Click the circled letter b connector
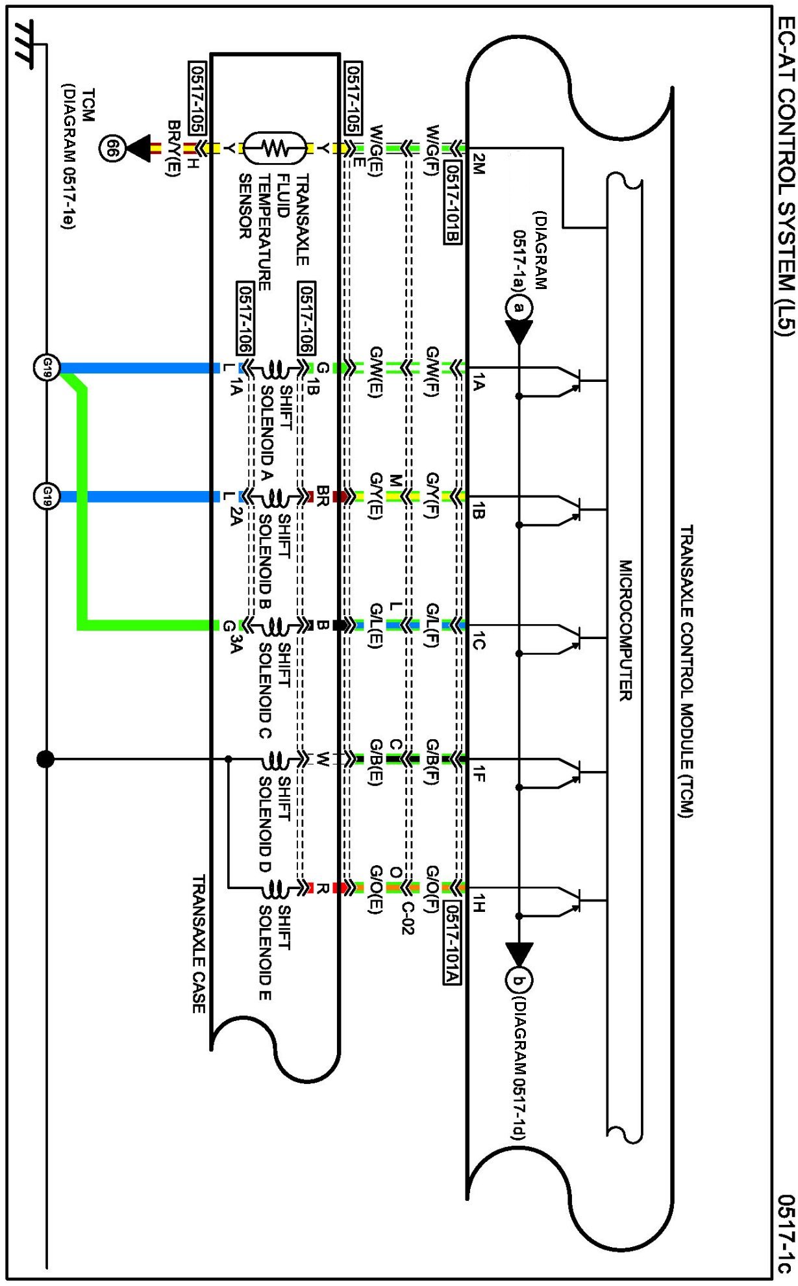click(518, 981)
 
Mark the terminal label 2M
click(478, 164)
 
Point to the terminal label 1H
click(479, 903)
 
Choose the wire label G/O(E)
click(375, 890)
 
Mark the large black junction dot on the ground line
click(45, 759)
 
